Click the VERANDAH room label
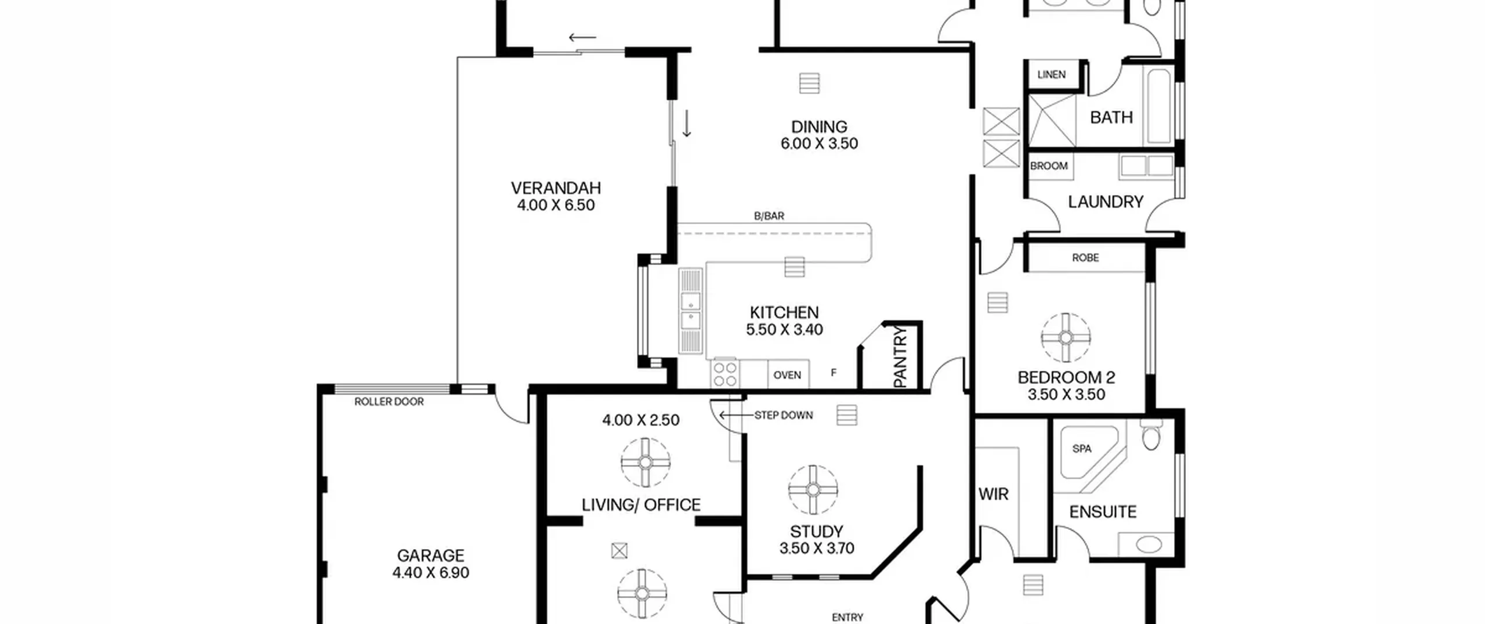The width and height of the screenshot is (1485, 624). point(556,188)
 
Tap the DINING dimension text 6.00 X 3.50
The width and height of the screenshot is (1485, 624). point(819,143)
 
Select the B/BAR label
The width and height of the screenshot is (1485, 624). point(769,216)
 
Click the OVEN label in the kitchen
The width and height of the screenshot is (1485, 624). point(787,376)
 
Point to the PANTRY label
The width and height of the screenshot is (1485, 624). point(900,357)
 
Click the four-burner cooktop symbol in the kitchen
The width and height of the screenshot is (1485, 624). point(725,374)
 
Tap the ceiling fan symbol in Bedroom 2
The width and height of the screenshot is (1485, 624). point(1066,337)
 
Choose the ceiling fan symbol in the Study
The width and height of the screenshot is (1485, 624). point(813,490)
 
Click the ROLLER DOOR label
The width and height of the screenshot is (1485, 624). point(389,402)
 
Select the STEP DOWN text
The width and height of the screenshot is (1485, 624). point(784,415)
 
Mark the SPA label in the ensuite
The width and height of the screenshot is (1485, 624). point(1082,449)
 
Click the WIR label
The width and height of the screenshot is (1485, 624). point(994,495)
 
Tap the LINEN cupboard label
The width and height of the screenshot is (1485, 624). point(1052,74)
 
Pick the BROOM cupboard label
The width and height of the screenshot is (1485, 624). point(1049,166)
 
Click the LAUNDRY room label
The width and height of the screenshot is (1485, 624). point(1106,202)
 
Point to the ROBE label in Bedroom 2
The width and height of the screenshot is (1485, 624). point(1085,258)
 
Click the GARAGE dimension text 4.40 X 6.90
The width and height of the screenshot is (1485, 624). point(430,573)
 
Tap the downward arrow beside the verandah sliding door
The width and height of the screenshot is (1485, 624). point(687,124)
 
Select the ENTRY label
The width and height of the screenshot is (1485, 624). point(847,618)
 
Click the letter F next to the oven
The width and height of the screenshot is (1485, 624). point(834,373)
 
